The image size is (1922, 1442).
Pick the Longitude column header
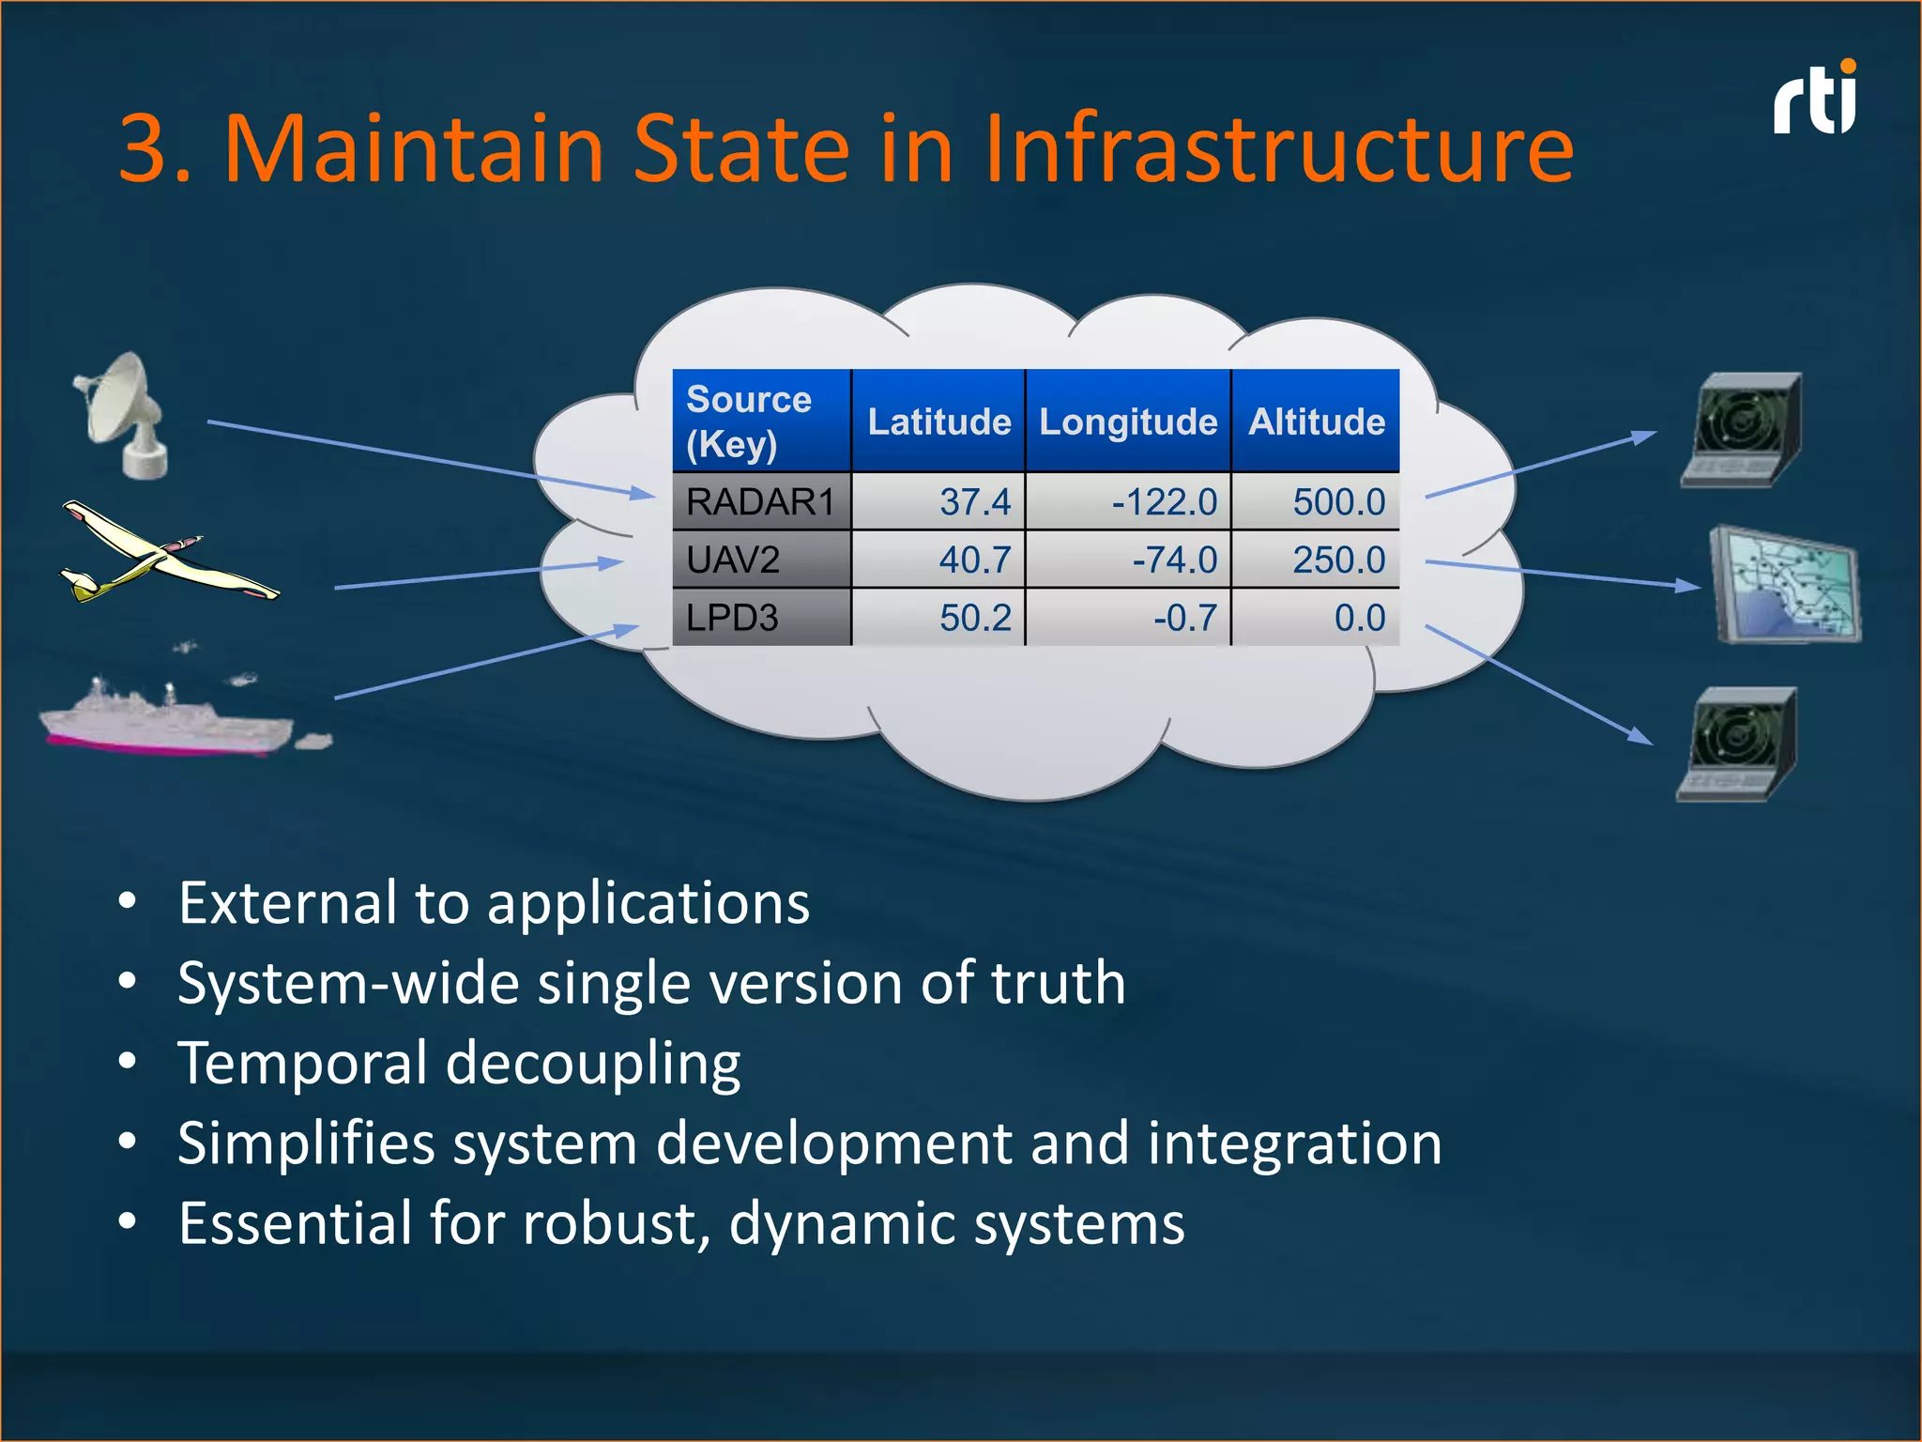tap(1127, 422)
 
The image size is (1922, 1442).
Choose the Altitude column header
tap(1316, 422)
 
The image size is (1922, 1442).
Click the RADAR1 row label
tap(760, 502)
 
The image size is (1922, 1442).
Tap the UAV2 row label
tap(734, 560)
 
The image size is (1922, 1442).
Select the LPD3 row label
tap(733, 618)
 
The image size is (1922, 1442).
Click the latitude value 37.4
tap(975, 502)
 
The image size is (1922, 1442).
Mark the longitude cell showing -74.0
tap(1174, 560)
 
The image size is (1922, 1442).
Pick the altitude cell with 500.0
tap(1338, 502)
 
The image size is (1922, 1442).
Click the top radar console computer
tap(1744, 430)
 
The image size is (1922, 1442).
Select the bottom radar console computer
tap(1739, 744)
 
